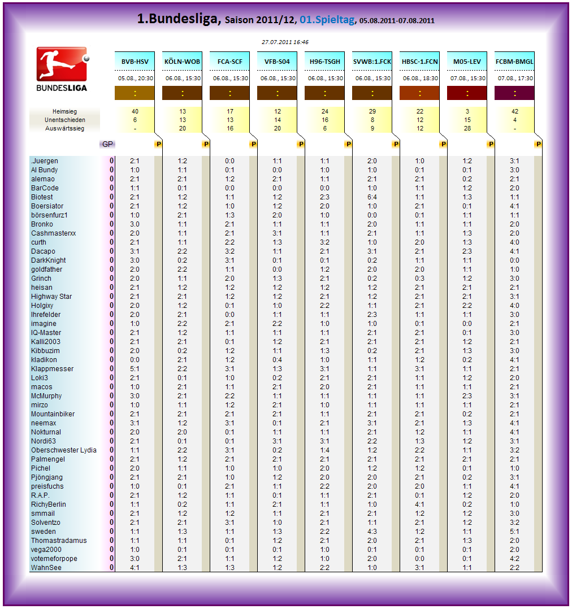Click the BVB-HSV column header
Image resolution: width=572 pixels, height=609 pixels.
click(x=135, y=62)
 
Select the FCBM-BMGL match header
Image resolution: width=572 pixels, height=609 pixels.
click(x=514, y=62)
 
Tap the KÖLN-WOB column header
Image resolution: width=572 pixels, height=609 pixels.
click(x=182, y=62)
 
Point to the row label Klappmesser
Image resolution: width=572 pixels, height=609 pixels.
click(x=52, y=369)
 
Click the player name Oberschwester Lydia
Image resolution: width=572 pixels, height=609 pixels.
click(x=63, y=450)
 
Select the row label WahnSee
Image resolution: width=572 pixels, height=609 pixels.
click(x=46, y=568)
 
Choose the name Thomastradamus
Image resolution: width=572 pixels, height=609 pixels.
click(x=59, y=541)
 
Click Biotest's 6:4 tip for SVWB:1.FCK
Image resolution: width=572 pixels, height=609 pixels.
click(x=372, y=197)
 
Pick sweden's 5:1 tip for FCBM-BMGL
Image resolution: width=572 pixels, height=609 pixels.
click(x=514, y=532)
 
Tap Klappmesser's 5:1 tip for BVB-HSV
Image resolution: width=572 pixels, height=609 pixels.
click(x=135, y=369)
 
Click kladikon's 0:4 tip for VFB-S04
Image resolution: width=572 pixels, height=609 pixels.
click(x=277, y=360)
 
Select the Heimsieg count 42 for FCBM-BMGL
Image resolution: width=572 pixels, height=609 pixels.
click(x=514, y=112)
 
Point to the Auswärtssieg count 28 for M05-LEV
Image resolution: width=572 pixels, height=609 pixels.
click(x=467, y=129)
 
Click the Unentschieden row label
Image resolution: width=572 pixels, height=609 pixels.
click(x=65, y=120)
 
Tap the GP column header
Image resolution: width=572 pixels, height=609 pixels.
click(x=107, y=144)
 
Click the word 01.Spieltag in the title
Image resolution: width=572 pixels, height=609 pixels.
click(x=327, y=20)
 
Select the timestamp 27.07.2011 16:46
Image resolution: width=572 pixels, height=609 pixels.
click(x=285, y=42)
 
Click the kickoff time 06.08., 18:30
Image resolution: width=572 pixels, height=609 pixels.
click(x=419, y=79)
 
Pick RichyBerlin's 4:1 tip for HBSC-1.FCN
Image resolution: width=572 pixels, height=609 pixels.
click(x=419, y=504)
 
